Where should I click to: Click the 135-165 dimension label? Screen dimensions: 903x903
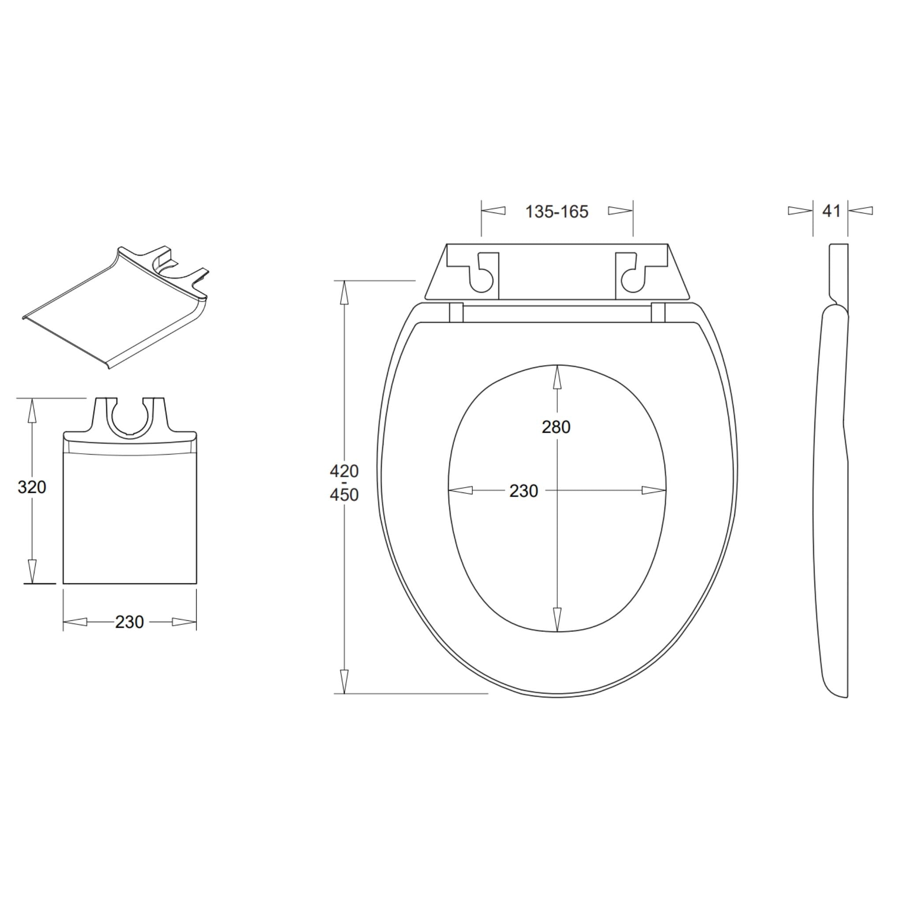point(557,212)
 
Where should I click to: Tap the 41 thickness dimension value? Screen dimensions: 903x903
point(832,211)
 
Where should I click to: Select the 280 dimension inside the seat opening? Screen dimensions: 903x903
point(556,427)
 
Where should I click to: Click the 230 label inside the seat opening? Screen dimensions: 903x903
point(523,491)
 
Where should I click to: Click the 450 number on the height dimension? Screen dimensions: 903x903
point(344,495)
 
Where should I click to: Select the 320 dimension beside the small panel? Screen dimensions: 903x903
point(32,487)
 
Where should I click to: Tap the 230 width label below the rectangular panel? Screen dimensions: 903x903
point(130,622)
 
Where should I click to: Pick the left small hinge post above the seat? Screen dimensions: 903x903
point(456,312)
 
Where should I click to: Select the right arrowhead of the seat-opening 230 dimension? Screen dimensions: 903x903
point(653,490)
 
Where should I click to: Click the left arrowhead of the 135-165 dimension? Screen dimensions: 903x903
point(493,211)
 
